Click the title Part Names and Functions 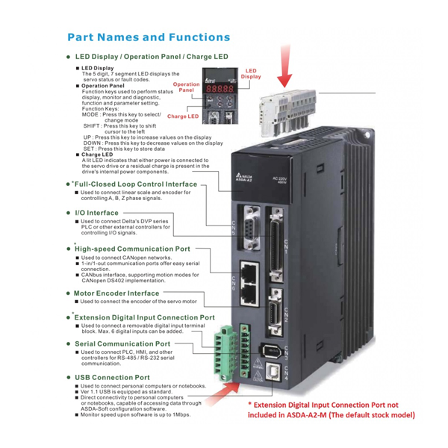[x=148, y=37]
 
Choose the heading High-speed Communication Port [x=132, y=249]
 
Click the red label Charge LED [x=183, y=116]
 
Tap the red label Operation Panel [x=187, y=87]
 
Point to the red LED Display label [x=251, y=73]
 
